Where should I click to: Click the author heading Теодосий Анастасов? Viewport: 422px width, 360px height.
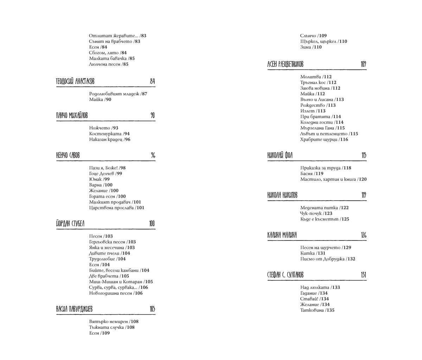pos(75,82)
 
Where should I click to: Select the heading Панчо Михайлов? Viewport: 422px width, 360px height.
pos(72,116)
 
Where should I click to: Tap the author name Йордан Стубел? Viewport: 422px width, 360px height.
pos(70,224)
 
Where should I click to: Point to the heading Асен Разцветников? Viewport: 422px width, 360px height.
pos(285,64)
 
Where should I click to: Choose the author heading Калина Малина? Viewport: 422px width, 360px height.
pos(282,235)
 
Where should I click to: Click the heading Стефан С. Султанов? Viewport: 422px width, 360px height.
pos(285,275)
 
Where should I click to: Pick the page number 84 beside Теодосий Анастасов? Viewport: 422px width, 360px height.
pos(152,82)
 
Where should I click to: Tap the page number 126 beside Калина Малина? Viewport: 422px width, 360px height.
pos(364,235)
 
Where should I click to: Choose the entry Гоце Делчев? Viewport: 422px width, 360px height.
pos(102,173)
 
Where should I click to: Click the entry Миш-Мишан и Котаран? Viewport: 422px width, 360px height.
pos(116,282)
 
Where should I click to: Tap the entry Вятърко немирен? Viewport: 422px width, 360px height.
pos(109,321)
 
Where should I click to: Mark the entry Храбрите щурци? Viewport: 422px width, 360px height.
pos(319,140)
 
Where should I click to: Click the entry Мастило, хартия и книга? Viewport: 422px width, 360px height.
pos(328,179)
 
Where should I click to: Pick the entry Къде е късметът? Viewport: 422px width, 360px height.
pos(319,219)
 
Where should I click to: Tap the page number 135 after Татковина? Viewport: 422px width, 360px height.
pos(330,310)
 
